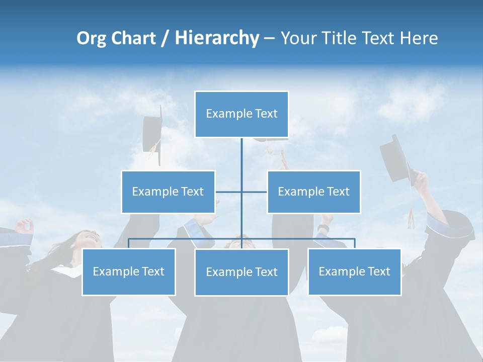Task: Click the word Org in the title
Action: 91,38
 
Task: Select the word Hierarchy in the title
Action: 216,38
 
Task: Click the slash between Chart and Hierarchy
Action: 165,39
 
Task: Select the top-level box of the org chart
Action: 242,114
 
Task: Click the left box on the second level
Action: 168,192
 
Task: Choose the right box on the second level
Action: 314,192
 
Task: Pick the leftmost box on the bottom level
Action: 129,271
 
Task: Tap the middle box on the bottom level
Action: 242,272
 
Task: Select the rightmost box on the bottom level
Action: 355,271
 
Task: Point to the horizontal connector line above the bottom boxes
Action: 186,239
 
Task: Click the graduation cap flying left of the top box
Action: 152,133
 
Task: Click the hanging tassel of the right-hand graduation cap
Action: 411,216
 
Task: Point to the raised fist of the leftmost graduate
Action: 24,226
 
